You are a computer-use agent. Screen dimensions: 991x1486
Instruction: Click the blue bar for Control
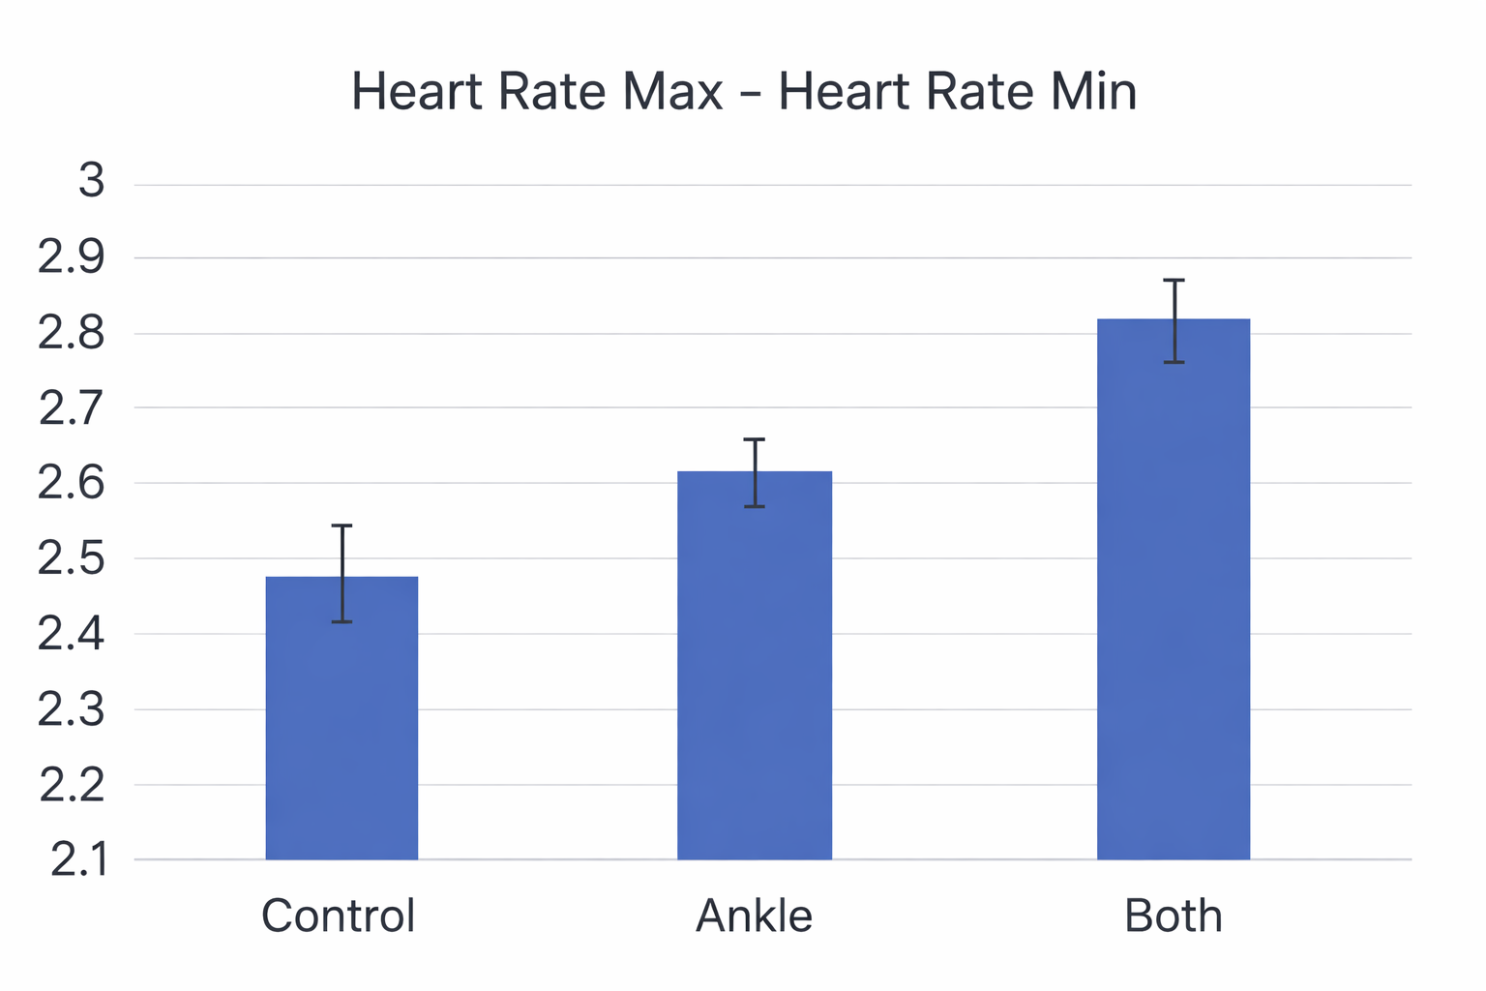[342, 736]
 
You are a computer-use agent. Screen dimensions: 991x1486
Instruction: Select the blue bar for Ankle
[755, 677]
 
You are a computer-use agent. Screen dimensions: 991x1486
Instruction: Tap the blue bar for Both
[1174, 600]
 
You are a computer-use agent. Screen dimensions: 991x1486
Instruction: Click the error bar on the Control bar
[342, 573]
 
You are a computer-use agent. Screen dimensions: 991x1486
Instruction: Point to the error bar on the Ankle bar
[755, 472]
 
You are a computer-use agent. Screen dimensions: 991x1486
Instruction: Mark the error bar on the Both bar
[1174, 320]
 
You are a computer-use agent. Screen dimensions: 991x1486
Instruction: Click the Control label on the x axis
[339, 916]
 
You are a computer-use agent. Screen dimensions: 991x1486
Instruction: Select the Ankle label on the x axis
[755, 916]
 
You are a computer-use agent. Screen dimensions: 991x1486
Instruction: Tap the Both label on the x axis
[1174, 916]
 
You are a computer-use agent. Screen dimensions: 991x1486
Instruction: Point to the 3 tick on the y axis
[92, 181]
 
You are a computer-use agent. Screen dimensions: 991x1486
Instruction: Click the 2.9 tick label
[72, 257]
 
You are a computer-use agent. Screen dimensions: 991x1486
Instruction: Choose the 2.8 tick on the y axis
[72, 333]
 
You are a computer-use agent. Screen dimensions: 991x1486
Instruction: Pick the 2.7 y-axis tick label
[72, 408]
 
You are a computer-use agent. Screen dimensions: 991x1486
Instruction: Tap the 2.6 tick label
[72, 483]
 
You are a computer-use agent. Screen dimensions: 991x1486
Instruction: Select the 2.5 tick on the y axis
[72, 559]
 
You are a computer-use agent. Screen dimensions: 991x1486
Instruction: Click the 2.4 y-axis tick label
[72, 635]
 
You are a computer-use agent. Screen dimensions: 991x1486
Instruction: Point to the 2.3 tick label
[72, 710]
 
